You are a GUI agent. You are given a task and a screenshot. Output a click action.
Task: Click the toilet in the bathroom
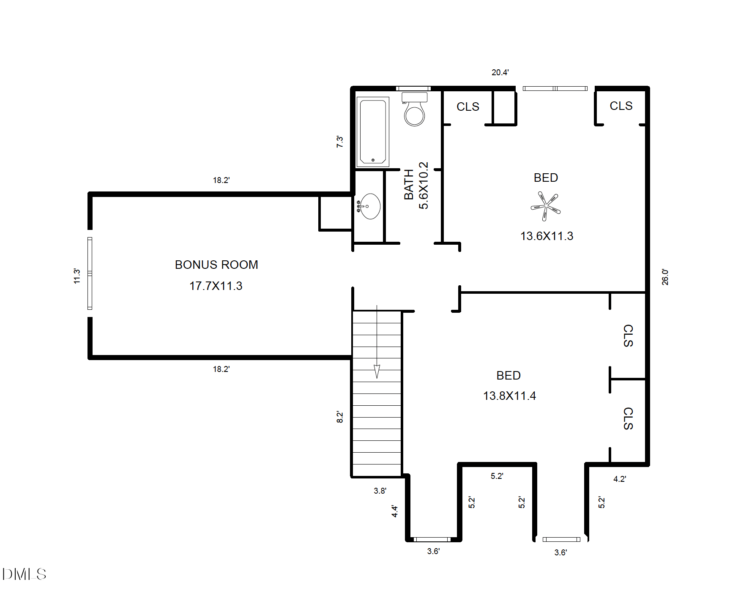(x=414, y=110)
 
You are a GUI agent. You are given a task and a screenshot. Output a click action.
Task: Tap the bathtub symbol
(x=372, y=132)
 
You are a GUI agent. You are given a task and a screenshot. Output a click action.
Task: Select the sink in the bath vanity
(x=370, y=206)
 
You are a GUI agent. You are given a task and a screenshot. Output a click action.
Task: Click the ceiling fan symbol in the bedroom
(x=545, y=206)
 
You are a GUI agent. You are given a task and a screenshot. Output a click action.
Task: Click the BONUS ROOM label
(x=216, y=265)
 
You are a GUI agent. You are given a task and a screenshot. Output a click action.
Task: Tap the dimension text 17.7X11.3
(x=216, y=286)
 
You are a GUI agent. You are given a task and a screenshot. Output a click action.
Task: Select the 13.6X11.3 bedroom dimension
(x=547, y=236)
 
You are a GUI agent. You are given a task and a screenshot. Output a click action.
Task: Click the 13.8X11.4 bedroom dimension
(x=509, y=396)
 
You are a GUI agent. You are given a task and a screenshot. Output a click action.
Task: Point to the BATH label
(x=409, y=184)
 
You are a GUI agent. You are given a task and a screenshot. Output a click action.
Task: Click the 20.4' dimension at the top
(x=500, y=73)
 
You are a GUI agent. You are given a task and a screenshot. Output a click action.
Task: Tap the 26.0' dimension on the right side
(x=665, y=277)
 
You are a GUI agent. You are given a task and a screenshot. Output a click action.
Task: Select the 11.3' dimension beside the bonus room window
(x=77, y=276)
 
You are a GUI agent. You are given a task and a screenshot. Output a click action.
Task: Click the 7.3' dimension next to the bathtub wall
(x=339, y=141)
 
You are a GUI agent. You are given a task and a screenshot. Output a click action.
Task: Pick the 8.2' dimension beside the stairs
(x=339, y=417)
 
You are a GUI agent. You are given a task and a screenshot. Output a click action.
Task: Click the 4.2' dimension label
(x=619, y=479)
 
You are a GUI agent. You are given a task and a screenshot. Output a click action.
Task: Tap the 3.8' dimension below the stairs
(x=380, y=491)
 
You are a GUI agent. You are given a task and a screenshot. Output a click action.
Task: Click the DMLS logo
(x=24, y=574)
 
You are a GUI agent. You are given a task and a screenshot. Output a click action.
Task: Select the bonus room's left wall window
(x=90, y=273)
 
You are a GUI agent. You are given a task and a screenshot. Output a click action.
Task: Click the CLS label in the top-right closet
(x=621, y=106)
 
